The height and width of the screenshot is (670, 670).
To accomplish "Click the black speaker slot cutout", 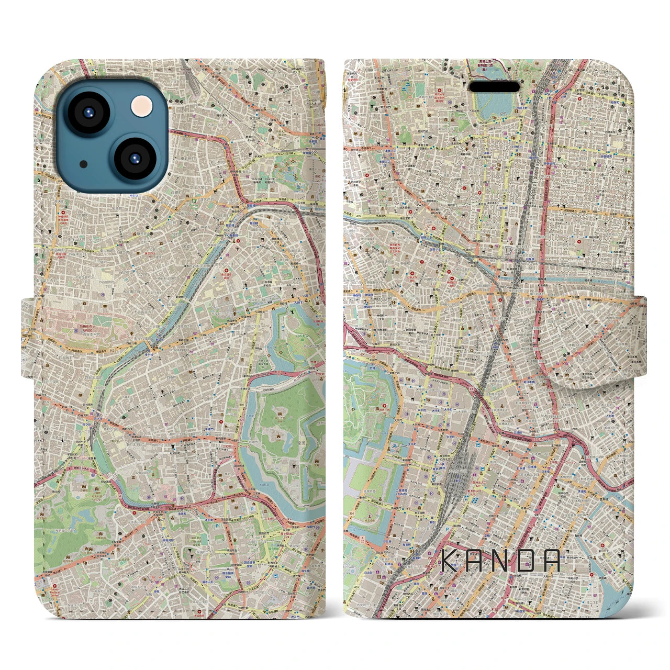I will (496, 87).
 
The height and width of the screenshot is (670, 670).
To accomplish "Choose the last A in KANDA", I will (551, 561).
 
